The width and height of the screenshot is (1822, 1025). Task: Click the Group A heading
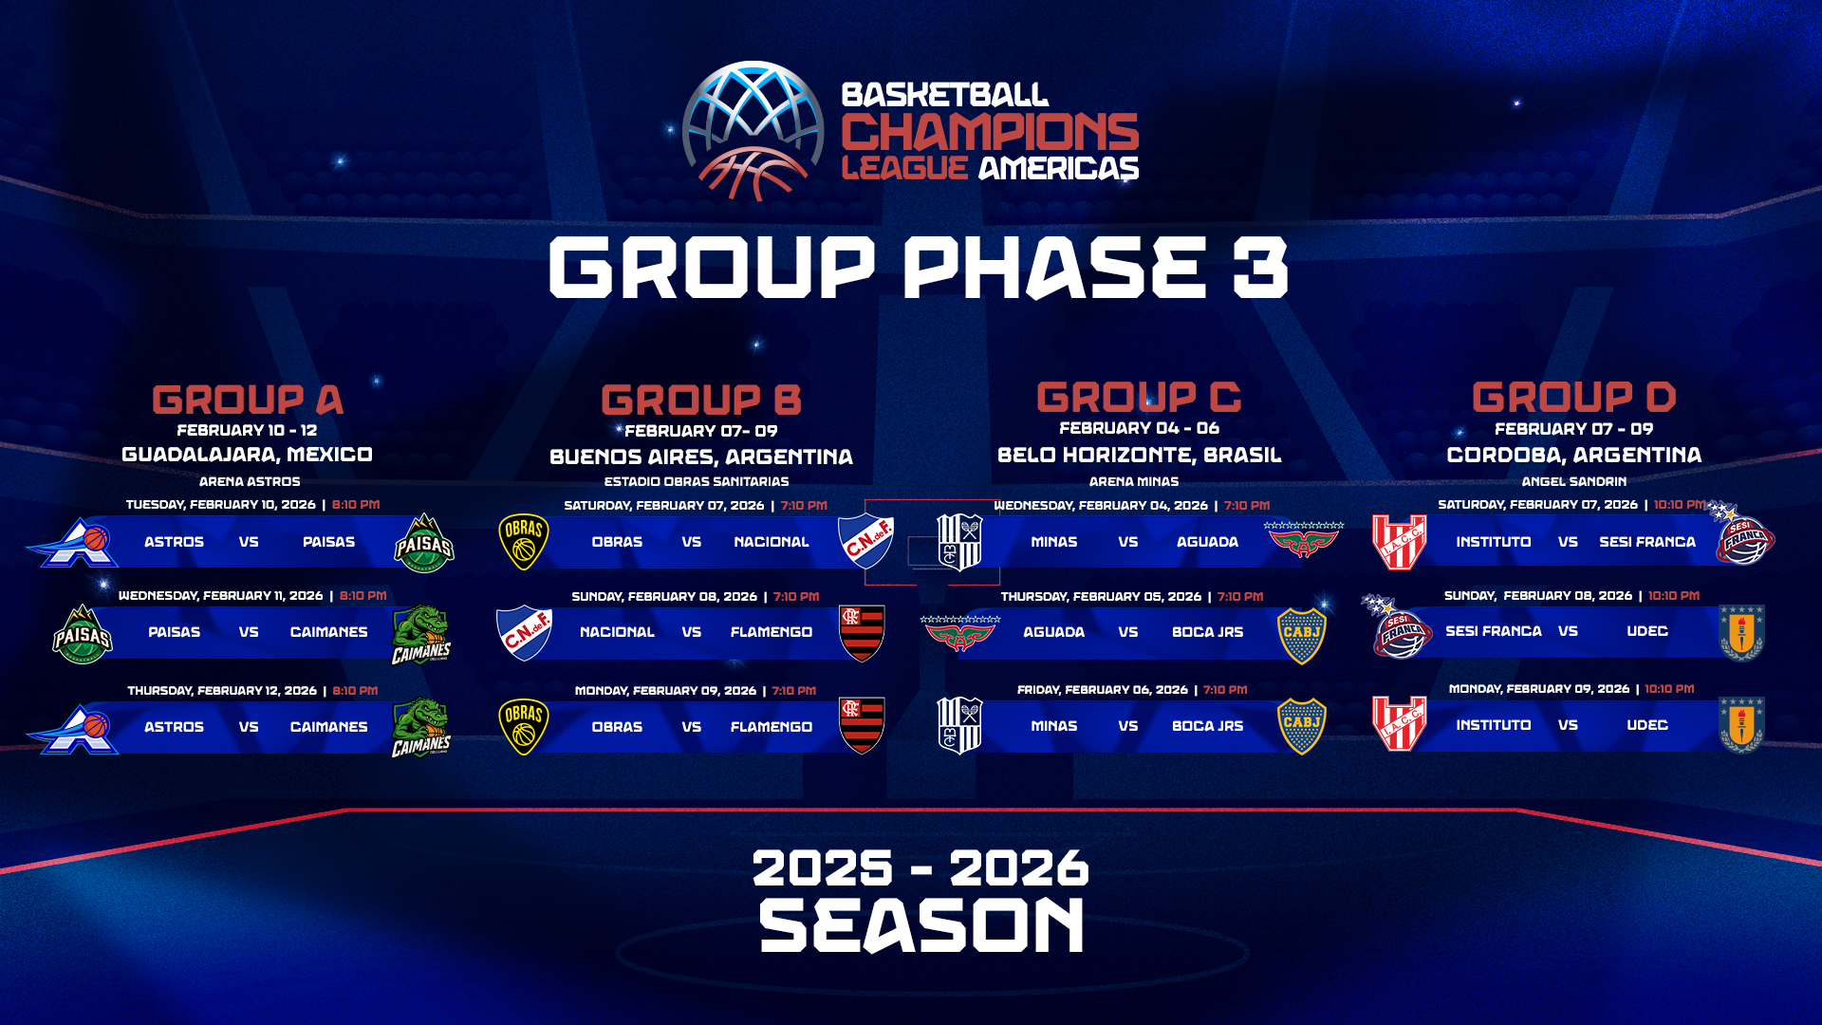pyautogui.click(x=248, y=400)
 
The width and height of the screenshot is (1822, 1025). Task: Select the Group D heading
pyautogui.click(x=1573, y=397)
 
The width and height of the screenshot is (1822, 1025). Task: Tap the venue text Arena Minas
pyautogui.click(x=1134, y=481)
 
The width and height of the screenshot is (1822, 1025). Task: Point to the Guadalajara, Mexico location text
pyautogui.click(x=247, y=455)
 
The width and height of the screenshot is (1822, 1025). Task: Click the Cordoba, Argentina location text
pyautogui.click(x=1573, y=455)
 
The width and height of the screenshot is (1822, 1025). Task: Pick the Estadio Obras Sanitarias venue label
pyautogui.click(x=697, y=481)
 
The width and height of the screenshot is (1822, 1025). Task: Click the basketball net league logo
pyautogui.click(x=753, y=131)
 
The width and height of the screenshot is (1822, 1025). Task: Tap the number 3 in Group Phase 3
pyautogui.click(x=1260, y=268)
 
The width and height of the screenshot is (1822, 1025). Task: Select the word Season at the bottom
pyautogui.click(x=921, y=926)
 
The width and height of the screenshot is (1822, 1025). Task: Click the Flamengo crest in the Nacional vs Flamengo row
pyautogui.click(x=862, y=633)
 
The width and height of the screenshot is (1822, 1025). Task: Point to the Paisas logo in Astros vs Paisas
pyautogui.click(x=424, y=543)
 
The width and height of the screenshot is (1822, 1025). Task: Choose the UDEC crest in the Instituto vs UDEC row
pyautogui.click(x=1741, y=726)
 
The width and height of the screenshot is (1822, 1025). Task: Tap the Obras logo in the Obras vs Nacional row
pyautogui.click(x=524, y=542)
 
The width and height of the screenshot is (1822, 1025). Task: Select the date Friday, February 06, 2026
pyautogui.click(x=1103, y=690)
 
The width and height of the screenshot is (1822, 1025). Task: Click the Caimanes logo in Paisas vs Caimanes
pyautogui.click(x=421, y=635)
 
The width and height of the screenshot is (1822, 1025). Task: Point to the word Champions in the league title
pyautogui.click(x=990, y=132)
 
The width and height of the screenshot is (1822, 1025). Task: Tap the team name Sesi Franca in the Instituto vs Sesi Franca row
pyautogui.click(x=1647, y=542)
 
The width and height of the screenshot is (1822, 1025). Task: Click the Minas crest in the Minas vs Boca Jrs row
pyautogui.click(x=959, y=726)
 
